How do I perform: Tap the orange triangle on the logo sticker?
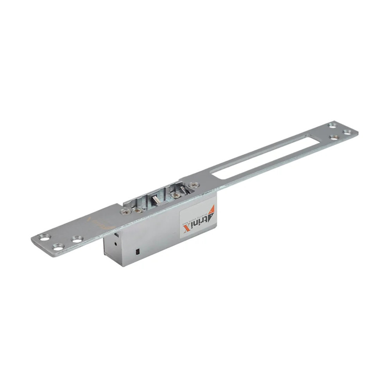tap(211, 212)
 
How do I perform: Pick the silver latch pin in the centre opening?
tap(155, 200)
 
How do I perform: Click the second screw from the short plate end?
tap(138, 210)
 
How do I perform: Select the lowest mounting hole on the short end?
tap(58, 247)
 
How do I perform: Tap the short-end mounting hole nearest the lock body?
tap(77, 238)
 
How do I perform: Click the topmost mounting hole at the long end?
tap(332, 125)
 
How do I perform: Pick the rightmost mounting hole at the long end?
tap(347, 132)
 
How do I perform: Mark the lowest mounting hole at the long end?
tap(334, 137)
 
